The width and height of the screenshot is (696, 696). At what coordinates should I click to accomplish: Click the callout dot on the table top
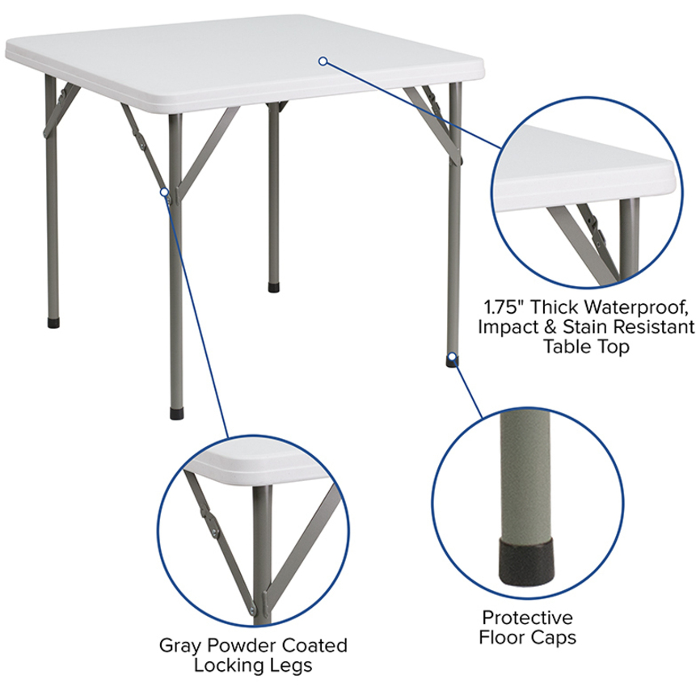(323, 61)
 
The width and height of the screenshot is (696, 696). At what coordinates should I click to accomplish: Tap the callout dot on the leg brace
(165, 192)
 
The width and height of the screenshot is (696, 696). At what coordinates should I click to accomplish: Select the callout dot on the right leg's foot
(452, 356)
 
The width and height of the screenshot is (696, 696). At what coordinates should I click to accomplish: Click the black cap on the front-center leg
(177, 414)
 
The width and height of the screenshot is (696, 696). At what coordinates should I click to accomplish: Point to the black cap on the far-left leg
(53, 323)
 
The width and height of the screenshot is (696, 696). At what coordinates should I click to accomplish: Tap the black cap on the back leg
(274, 287)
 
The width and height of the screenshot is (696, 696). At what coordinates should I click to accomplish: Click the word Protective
(527, 618)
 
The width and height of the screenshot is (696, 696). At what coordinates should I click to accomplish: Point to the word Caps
(554, 639)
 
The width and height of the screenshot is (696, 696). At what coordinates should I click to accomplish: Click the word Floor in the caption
(502, 638)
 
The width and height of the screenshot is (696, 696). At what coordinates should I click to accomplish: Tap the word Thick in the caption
(554, 306)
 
